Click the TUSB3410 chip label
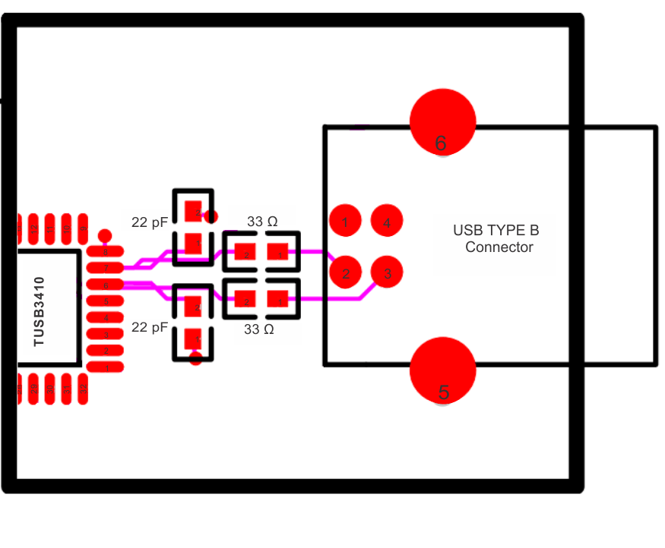[x=40, y=312]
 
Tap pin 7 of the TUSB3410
[x=106, y=268]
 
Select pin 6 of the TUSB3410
[x=106, y=285]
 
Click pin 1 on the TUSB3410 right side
[x=106, y=367]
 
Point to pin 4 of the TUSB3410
[x=106, y=317]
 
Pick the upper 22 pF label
[x=149, y=222]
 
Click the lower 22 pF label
[x=149, y=328]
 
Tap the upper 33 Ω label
[x=262, y=222]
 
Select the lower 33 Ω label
[x=259, y=329]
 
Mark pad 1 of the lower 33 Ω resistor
[x=278, y=301]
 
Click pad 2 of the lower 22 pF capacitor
[x=195, y=307]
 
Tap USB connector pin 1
[x=345, y=222]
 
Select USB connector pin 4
[x=387, y=222]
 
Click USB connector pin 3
[x=387, y=272]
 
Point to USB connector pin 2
[x=345, y=272]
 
